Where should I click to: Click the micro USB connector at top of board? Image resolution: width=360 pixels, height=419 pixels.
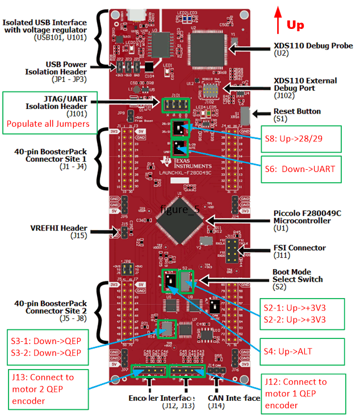136,12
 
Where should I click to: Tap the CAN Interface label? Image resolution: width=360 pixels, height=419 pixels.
232,399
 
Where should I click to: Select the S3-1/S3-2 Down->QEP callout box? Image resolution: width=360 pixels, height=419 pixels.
45,347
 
